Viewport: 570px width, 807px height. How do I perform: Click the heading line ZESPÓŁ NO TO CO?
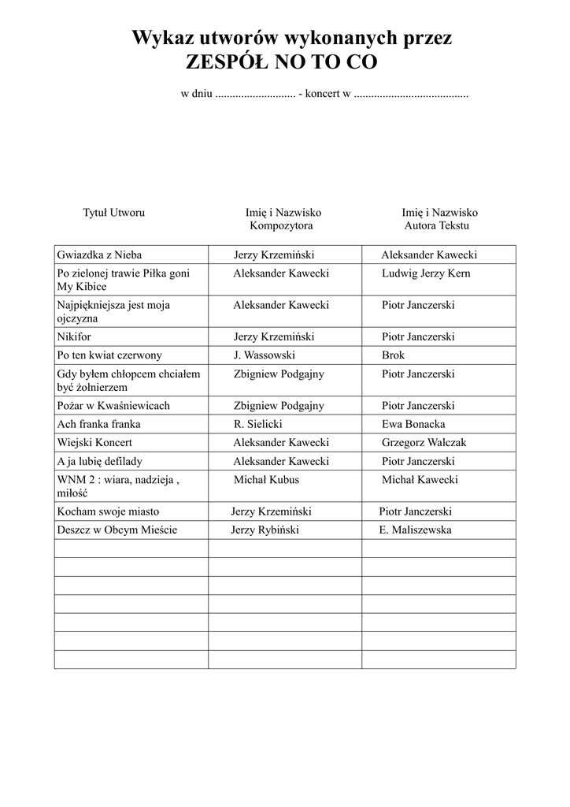281,61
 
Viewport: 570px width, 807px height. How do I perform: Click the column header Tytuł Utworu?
114,213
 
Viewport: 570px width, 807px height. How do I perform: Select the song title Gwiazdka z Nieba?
99,255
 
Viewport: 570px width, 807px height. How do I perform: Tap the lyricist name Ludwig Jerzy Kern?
425,273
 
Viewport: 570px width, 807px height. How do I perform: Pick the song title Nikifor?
75,337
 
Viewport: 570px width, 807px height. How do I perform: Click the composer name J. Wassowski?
264,355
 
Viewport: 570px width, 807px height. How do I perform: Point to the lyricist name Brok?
393,355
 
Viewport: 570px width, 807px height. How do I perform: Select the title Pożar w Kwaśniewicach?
113,406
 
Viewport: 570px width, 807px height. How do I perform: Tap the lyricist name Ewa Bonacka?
413,424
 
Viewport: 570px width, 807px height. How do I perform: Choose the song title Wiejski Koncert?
94,443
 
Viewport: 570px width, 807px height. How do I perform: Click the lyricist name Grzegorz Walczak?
424,443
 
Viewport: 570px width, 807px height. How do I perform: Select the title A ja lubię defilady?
100,461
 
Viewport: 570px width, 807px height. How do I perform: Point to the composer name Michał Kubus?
266,480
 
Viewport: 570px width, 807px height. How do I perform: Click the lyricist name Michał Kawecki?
420,480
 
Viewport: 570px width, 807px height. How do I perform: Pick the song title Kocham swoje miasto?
108,511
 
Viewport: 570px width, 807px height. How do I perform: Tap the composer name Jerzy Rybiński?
265,530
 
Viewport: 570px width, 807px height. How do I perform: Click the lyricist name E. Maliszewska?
415,530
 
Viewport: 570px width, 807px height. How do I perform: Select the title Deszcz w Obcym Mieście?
117,530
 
